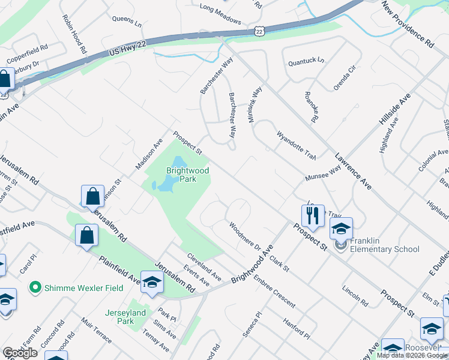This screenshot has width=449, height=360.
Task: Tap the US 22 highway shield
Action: tap(259, 31)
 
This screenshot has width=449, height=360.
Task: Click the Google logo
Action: tap(20, 353)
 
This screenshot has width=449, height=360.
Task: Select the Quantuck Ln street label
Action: tap(306, 61)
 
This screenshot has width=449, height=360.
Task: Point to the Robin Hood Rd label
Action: tap(74, 34)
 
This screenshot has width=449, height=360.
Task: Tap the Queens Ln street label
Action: tap(127, 22)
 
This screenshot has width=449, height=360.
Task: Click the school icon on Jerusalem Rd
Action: tap(152, 283)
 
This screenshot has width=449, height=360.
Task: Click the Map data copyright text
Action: tap(411, 355)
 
